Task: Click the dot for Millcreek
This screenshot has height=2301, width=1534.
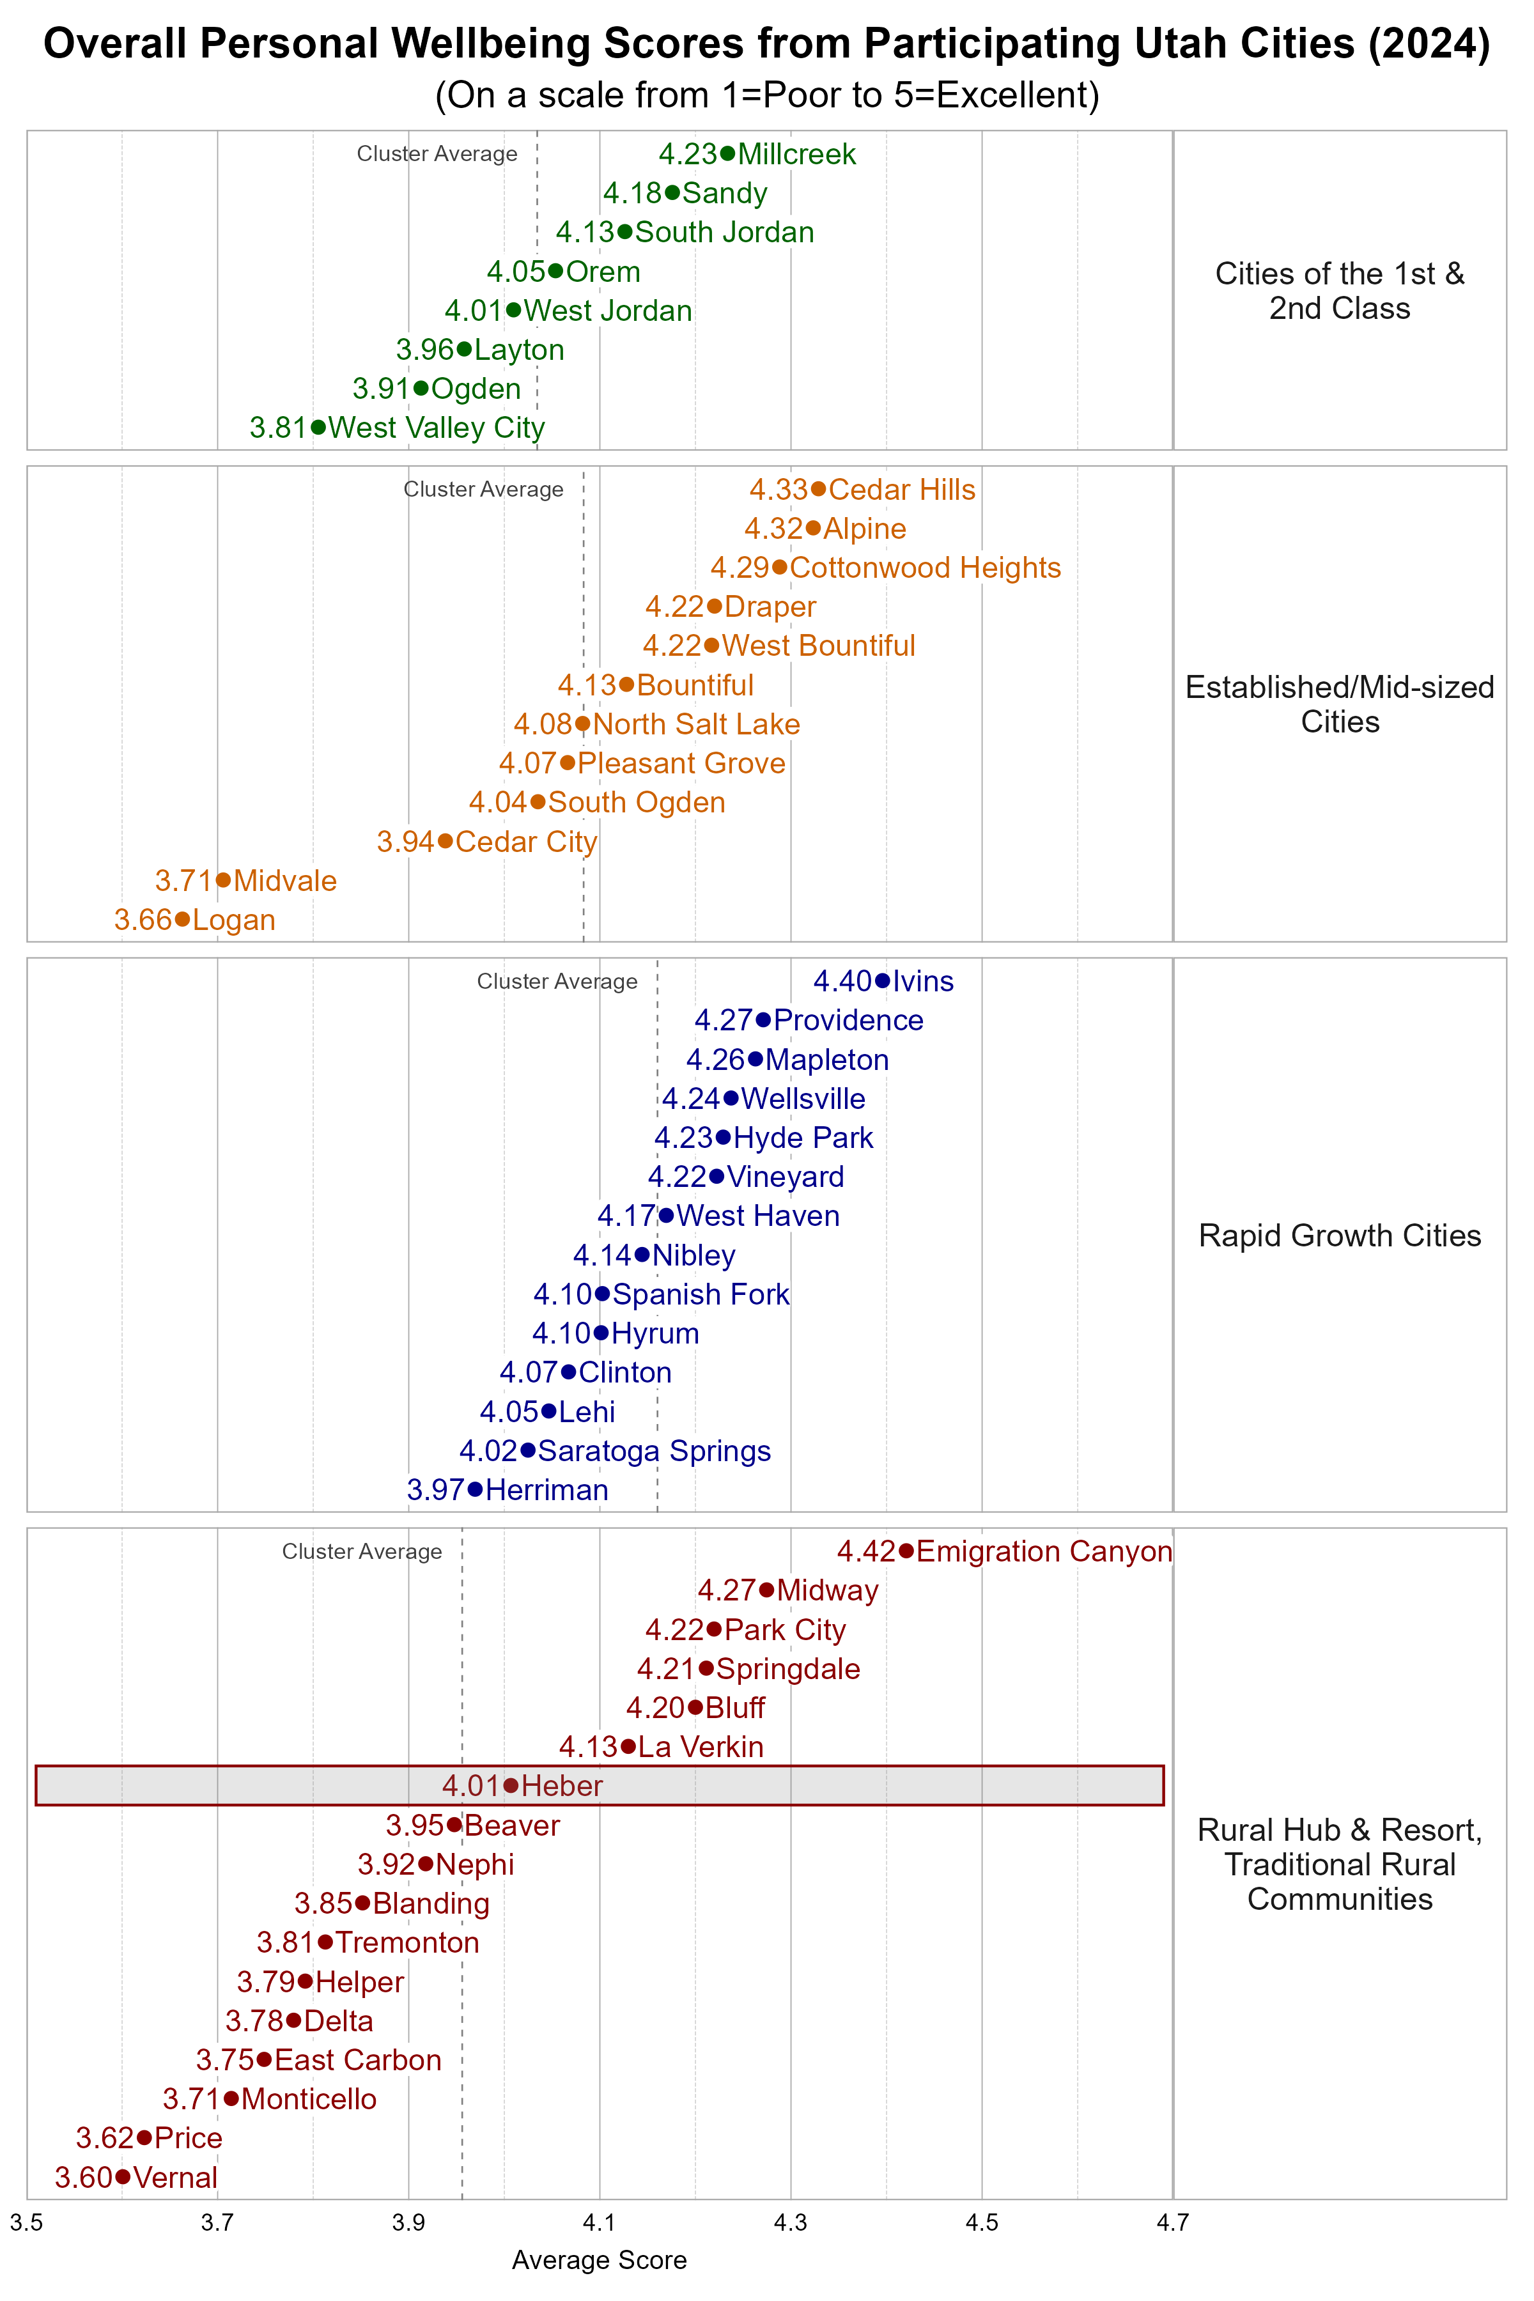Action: pos(727,153)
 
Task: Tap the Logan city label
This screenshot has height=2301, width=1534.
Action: pos(234,920)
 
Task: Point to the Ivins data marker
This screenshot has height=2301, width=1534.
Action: pos(881,980)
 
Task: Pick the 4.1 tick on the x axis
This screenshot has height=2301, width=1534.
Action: pos(600,2223)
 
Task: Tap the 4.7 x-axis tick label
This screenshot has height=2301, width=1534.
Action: pos(1172,2223)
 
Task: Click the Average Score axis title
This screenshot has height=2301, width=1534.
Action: pos(599,2260)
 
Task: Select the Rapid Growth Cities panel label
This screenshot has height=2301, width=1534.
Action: pos(1339,1235)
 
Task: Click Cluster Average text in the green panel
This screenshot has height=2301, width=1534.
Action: pos(437,153)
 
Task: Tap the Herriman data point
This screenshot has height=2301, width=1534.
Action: pos(476,1489)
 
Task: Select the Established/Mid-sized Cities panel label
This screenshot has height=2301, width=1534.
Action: pos(1339,704)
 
